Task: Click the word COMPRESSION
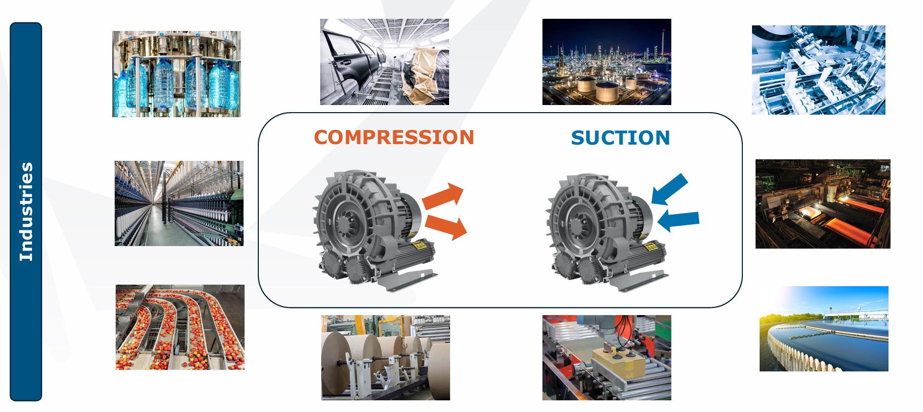[394, 138]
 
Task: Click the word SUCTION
[620, 138]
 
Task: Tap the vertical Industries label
[26, 212]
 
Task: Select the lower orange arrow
[446, 226]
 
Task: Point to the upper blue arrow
[670, 189]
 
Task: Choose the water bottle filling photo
[176, 74]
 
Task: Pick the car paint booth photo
[384, 62]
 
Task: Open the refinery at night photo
[606, 62]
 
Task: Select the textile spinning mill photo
[179, 203]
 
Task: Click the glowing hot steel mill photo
[823, 204]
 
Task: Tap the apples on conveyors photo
[180, 327]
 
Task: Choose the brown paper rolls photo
[385, 358]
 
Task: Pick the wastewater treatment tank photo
[824, 329]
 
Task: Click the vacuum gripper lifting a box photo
[606, 358]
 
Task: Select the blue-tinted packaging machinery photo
[818, 70]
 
